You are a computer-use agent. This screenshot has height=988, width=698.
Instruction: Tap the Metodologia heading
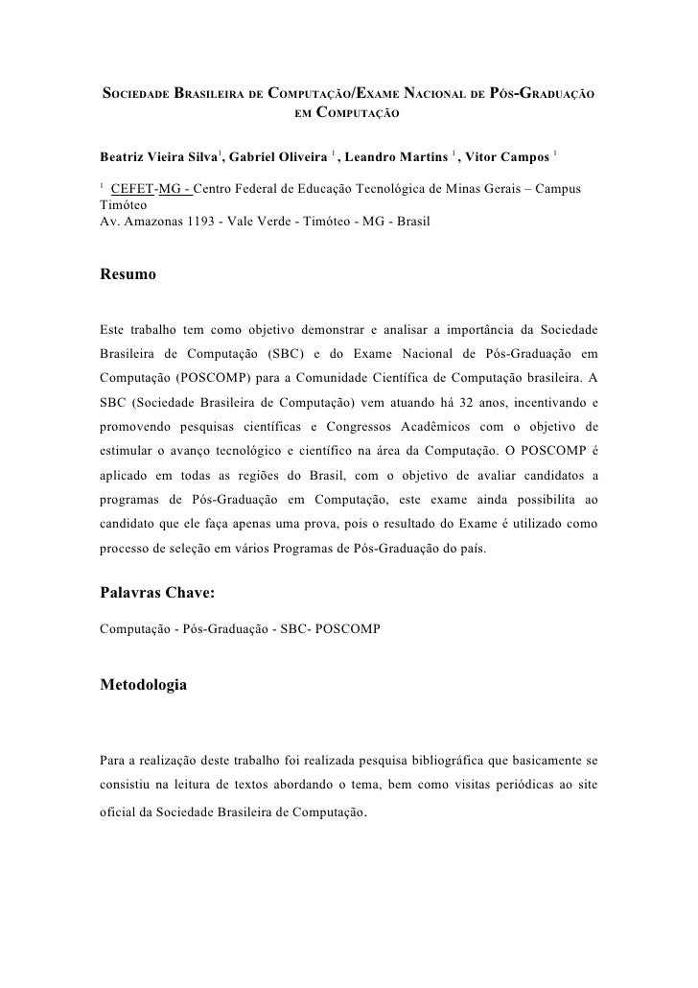(x=144, y=685)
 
